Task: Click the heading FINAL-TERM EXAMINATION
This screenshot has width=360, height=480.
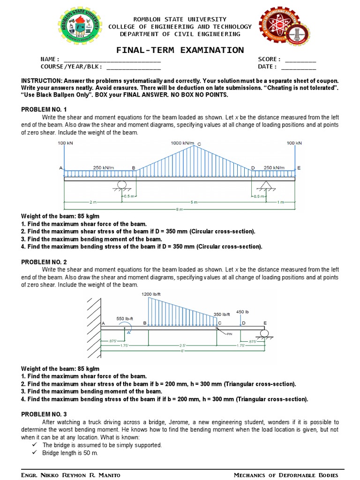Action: (180, 50)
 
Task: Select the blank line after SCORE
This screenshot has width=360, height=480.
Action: (300, 60)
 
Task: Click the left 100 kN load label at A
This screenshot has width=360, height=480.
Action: (65, 142)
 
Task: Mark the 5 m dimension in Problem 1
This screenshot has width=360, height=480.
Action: (194, 202)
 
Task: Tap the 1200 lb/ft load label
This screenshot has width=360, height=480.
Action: (151, 294)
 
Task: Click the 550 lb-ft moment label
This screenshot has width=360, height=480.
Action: (125, 318)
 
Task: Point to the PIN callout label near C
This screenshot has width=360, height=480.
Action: (230, 334)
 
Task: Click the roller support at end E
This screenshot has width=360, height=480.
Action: (265, 334)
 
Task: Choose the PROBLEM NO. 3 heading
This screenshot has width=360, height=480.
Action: (44, 414)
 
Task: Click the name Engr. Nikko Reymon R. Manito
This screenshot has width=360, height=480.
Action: (71, 475)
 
